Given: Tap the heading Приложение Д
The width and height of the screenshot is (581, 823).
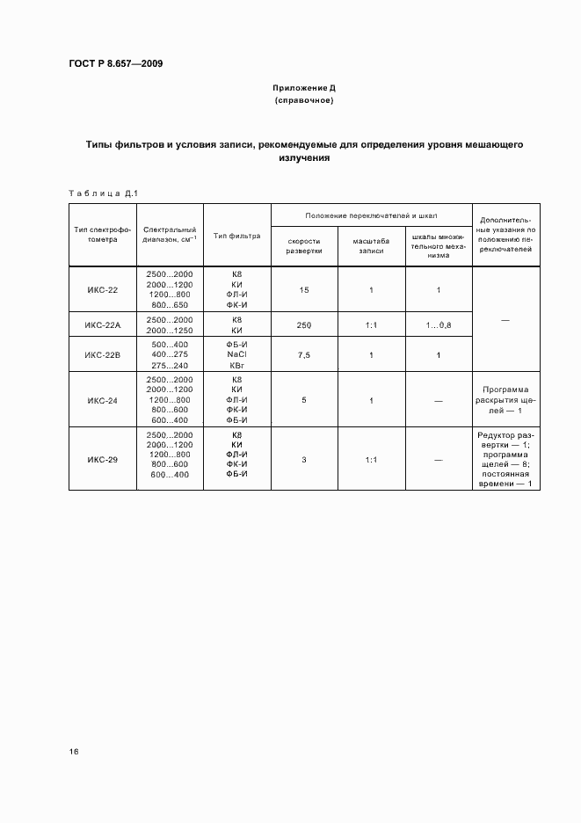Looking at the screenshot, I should tap(304, 89).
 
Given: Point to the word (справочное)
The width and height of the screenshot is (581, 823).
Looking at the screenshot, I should tap(304, 101).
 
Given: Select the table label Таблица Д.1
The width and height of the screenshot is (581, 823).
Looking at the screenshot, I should tap(104, 193).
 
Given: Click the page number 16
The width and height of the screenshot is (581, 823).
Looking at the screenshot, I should tap(74, 753).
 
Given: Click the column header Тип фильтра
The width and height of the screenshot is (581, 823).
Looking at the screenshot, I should tap(237, 235).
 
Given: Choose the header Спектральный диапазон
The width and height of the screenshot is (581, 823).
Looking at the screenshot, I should tap(169, 234).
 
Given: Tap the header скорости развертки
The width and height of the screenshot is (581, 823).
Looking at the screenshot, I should tap(304, 245).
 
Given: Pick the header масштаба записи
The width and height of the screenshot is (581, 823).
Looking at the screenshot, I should tap(371, 245).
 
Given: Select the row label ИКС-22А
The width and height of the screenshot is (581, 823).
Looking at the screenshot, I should tap(103, 325).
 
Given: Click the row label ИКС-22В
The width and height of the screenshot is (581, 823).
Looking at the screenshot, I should tap(103, 354).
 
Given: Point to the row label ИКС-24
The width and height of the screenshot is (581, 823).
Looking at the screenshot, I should tap(103, 400).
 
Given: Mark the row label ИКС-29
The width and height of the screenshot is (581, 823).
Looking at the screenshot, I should tap(103, 459).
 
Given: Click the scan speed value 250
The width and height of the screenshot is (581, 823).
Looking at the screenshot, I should tap(304, 325).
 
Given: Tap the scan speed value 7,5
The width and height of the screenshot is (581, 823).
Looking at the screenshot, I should tap(304, 354).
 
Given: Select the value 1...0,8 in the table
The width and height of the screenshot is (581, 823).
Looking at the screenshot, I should tap(439, 325).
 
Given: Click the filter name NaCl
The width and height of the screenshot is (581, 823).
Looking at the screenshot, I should tap(236, 354).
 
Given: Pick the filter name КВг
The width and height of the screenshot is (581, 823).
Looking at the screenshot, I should tap(236, 365).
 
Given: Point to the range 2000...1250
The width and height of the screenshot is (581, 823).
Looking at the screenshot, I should tap(170, 331).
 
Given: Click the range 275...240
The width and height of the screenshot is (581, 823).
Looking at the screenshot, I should tap(170, 365).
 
